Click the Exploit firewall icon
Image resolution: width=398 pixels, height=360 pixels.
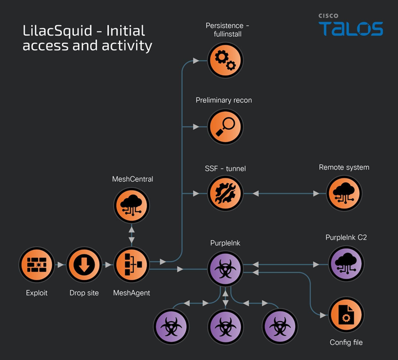(x=37, y=265)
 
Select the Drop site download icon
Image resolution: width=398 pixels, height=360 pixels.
(x=84, y=265)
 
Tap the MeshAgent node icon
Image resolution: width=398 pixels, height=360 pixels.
(x=131, y=265)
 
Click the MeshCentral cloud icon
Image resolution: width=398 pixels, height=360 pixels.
(x=131, y=206)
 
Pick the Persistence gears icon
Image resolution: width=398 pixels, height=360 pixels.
(x=225, y=60)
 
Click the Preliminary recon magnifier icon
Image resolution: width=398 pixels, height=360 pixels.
(x=225, y=127)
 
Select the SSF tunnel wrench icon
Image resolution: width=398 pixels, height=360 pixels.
(x=225, y=194)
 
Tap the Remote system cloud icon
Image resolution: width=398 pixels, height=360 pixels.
(x=344, y=194)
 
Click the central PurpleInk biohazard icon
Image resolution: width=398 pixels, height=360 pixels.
(x=225, y=268)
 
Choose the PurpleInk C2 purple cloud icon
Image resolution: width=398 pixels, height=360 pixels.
(x=346, y=263)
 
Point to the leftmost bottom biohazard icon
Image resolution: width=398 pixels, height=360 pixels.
(x=171, y=326)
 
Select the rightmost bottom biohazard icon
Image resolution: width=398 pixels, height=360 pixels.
(x=279, y=326)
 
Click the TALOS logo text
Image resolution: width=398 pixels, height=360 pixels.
(x=351, y=28)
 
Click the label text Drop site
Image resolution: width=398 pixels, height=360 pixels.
(x=84, y=293)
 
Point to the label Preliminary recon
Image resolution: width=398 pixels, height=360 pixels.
(x=224, y=101)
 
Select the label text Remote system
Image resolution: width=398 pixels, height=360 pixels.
(x=344, y=167)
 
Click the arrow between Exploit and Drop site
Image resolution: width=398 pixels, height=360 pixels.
(x=61, y=265)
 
